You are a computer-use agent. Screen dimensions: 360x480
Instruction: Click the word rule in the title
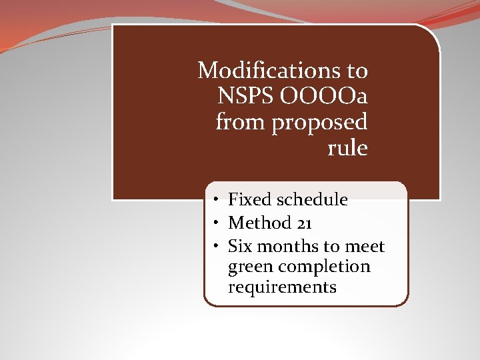[x=347, y=148]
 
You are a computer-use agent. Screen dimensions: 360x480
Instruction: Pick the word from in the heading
[x=239, y=122]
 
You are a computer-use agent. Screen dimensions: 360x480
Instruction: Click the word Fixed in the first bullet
[x=250, y=199]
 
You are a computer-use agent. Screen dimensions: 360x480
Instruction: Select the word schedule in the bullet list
[x=313, y=199]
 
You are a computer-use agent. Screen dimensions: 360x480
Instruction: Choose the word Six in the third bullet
[x=240, y=247]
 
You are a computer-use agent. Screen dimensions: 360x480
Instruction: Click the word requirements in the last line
[x=282, y=287]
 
